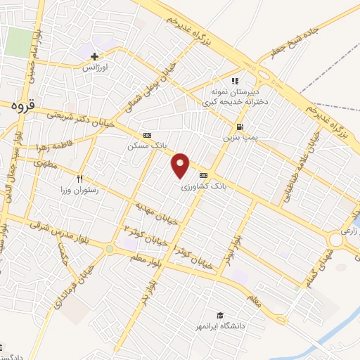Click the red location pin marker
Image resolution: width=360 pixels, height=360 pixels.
181,165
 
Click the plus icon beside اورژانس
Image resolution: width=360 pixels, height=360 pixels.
95,56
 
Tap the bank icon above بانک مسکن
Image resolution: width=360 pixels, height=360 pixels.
147,135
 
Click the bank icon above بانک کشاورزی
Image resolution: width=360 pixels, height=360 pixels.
204,175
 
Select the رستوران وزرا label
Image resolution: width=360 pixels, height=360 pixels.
77,190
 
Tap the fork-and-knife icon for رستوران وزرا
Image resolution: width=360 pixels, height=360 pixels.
79,179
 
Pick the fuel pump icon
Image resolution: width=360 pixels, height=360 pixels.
241,127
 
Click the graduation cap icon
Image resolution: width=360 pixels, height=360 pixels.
220,316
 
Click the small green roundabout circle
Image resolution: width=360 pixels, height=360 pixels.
109,248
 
